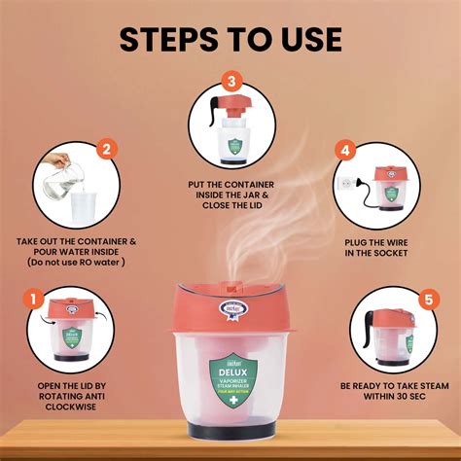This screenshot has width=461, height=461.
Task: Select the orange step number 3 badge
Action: [230, 81]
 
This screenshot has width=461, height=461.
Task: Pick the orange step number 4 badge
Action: [343, 151]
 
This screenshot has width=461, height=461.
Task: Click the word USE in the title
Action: [308, 39]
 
